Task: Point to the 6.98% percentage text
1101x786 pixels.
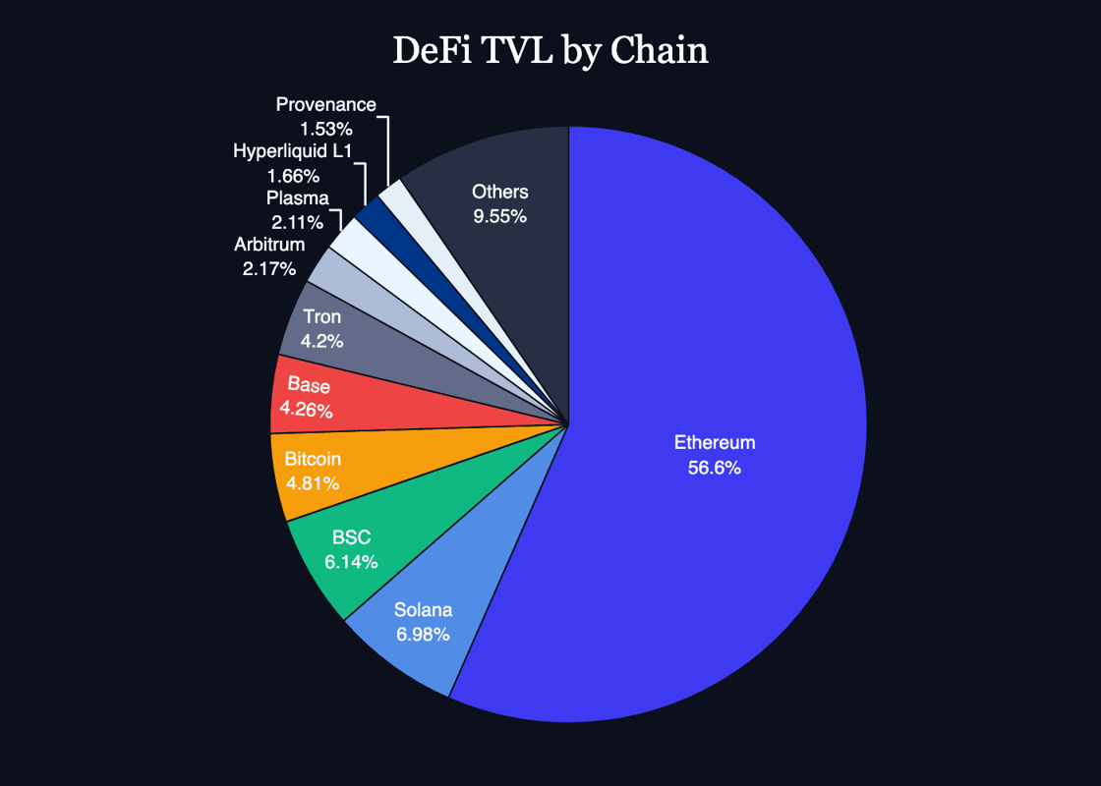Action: click(x=423, y=635)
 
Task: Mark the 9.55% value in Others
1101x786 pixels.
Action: click(x=499, y=216)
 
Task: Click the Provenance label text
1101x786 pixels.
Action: click(x=325, y=104)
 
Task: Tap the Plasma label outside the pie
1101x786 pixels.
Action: click(x=297, y=197)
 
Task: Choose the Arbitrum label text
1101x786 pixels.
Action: click(x=269, y=244)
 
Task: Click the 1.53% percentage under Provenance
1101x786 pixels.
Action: click(x=325, y=128)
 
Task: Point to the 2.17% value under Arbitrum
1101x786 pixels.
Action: click(x=269, y=267)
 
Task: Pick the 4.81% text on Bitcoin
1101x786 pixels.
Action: click(x=313, y=483)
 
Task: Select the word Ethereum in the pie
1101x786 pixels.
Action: click(x=715, y=443)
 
